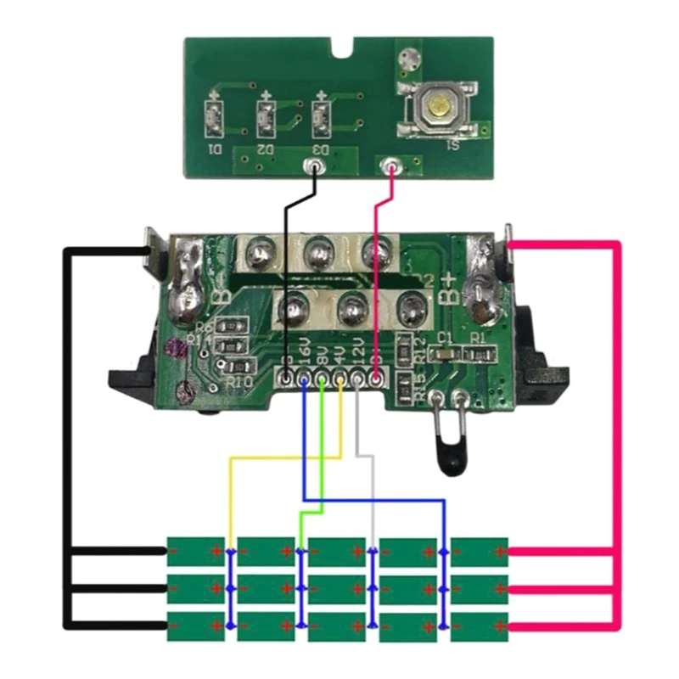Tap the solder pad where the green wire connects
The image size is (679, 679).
(323, 379)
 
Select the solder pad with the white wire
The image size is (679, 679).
(357, 379)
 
